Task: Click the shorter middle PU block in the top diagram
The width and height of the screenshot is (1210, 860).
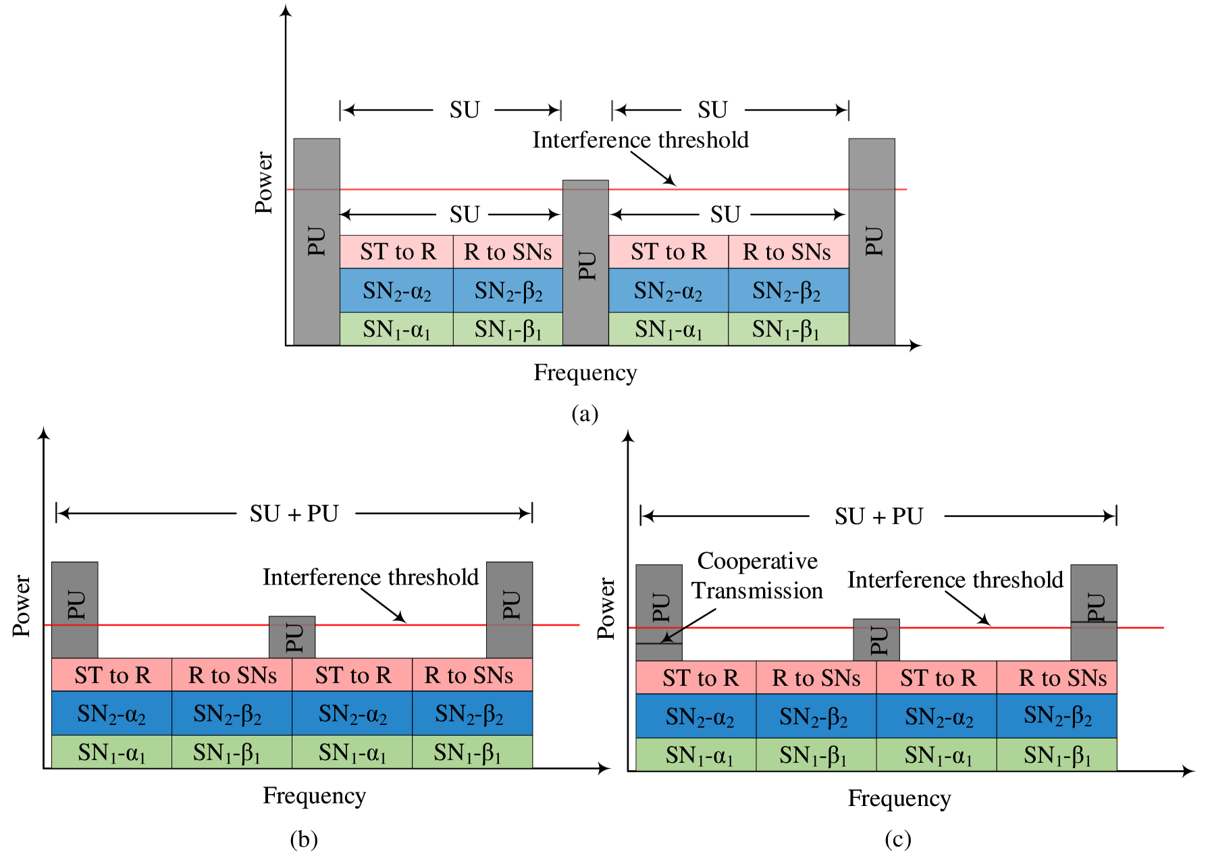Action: click(x=585, y=263)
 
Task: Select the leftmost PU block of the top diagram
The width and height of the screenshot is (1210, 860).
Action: click(x=317, y=242)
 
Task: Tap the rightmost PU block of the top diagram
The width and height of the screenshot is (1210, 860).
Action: click(x=872, y=242)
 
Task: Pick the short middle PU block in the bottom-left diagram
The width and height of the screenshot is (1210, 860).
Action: click(x=292, y=637)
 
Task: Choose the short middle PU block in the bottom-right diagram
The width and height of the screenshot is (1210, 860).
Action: click(x=876, y=640)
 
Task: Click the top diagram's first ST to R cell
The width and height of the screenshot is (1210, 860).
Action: click(x=396, y=252)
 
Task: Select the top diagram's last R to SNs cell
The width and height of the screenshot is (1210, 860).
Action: click(x=788, y=252)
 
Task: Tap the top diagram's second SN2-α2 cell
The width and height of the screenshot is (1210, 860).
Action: click(x=668, y=291)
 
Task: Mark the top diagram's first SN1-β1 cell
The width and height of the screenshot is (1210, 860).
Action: click(x=508, y=329)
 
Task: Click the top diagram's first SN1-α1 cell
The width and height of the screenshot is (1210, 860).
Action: click(x=396, y=329)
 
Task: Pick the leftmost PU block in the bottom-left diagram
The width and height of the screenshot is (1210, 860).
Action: click(x=75, y=610)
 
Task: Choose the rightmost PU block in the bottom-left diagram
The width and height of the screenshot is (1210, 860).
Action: click(x=510, y=610)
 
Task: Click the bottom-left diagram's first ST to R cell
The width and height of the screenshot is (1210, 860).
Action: click(x=112, y=675)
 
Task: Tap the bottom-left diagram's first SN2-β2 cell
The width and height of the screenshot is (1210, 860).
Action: click(x=232, y=714)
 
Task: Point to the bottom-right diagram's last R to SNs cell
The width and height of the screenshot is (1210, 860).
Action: click(x=1057, y=678)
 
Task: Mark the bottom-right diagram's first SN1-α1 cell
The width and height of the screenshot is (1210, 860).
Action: click(x=696, y=755)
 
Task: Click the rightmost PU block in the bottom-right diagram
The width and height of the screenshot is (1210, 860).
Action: click(x=1094, y=612)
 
